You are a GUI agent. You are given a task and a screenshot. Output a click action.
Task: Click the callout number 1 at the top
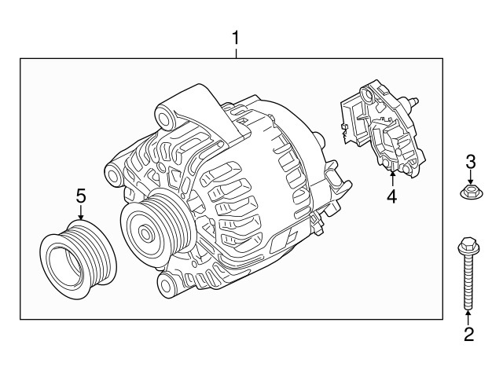point(235,37)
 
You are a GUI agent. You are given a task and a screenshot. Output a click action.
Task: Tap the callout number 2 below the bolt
point(468,335)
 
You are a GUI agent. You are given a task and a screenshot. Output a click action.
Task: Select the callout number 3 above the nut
point(470,163)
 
